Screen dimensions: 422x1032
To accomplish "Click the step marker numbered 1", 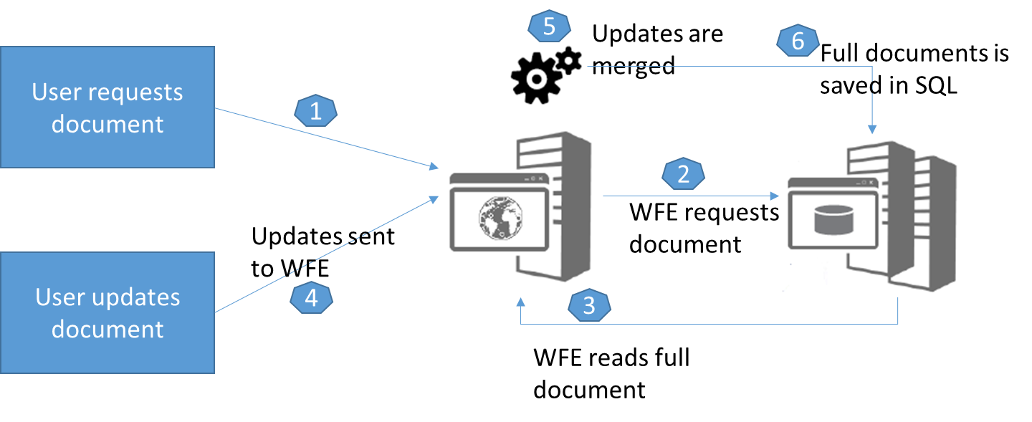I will pos(316,111).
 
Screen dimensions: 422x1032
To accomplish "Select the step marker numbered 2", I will pos(683,174).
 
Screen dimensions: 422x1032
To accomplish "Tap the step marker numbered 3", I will pos(589,306).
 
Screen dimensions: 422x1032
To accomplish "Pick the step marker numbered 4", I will pos(312,298).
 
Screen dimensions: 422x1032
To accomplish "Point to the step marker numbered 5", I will pos(549,27).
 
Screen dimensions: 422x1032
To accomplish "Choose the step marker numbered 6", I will pos(798,42).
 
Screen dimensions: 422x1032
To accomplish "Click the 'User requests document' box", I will pos(107,107).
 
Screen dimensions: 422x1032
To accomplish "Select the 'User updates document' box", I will pos(107,312).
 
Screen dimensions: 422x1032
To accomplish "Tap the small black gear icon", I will pos(568,60).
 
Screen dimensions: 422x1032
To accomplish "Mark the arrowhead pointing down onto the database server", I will pos(872,130).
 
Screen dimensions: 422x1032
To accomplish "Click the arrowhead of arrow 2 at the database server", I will pos(775,196).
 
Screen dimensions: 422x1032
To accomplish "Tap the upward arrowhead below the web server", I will pos(520,302).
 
